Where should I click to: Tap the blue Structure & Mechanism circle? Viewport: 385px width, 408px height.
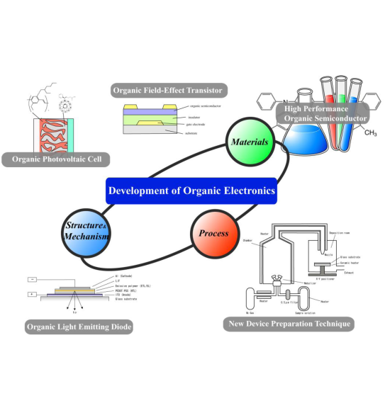pos(86,231)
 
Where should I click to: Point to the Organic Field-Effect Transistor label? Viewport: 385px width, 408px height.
pos(168,91)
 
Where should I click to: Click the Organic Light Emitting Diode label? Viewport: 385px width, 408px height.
pos(79,327)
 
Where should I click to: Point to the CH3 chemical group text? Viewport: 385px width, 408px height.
pos(369,132)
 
